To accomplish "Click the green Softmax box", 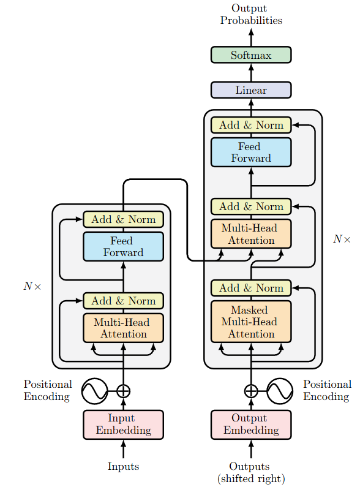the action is [x=251, y=55].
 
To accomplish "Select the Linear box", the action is [x=251, y=90].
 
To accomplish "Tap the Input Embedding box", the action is [x=123, y=425].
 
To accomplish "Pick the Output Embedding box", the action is [x=251, y=425].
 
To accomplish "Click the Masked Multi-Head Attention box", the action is [x=251, y=322].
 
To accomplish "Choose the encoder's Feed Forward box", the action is [x=123, y=247].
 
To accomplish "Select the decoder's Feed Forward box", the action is [x=251, y=152].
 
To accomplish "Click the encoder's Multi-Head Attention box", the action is [x=123, y=328].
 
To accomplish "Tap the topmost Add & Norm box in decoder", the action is [x=251, y=125].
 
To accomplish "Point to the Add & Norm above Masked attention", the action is [x=251, y=288].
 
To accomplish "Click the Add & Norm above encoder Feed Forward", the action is [x=123, y=219].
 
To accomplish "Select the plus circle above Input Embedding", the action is [x=123, y=391].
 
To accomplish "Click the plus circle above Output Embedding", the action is [x=251, y=391].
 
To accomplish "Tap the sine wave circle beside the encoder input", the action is [x=95, y=391].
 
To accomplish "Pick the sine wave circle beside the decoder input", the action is [x=280, y=391].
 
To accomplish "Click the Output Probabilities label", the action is [x=251, y=14].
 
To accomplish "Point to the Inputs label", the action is [x=123, y=466].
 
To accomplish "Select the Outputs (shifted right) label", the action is [x=251, y=472].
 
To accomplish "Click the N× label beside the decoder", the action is [x=342, y=239].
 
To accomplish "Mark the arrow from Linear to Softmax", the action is [x=251, y=73].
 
